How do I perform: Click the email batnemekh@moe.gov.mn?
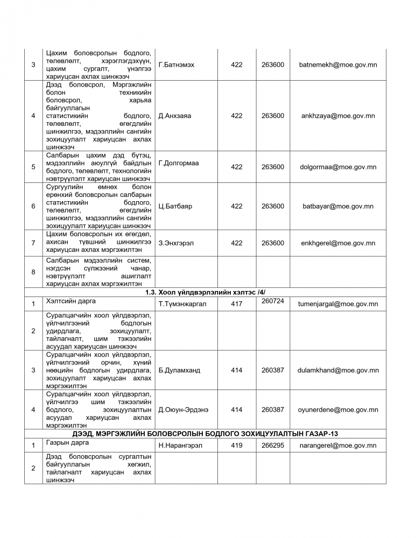pyautogui.click(x=338, y=65)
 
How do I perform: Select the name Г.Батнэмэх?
pyautogui.click(x=177, y=65)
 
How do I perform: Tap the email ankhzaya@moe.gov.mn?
pyautogui.click(x=338, y=116)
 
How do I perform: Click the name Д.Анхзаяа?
pyautogui.click(x=175, y=116)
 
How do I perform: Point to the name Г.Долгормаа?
pyautogui.click(x=179, y=163)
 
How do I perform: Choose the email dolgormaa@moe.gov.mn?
pyautogui.click(x=338, y=167)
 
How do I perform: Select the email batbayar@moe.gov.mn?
pyautogui.click(x=338, y=206)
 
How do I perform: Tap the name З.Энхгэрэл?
pyautogui.click(x=177, y=243)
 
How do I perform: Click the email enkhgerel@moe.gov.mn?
pyautogui.click(x=338, y=243)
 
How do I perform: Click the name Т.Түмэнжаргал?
pyautogui.click(x=182, y=304)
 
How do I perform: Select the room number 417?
pyautogui.click(x=237, y=304)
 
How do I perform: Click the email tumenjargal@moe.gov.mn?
pyautogui.click(x=338, y=304)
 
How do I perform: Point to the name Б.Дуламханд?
pyautogui.click(x=179, y=370)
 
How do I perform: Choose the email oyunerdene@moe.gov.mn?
pyautogui.click(x=338, y=409)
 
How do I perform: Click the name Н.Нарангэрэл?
pyautogui.click(x=181, y=445)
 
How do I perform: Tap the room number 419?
pyautogui.click(x=237, y=445)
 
